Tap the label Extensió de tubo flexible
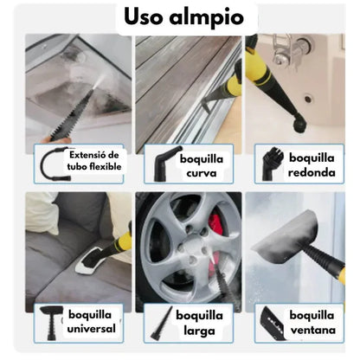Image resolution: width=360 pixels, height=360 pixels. point(95,159)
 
